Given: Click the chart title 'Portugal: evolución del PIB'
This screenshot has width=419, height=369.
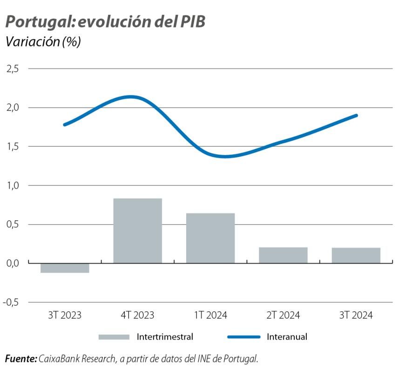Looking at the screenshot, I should click(105, 22).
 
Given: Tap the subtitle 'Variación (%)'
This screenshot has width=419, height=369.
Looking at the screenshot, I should click(43, 42).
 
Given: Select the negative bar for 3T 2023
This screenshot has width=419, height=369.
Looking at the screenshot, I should click(65, 268).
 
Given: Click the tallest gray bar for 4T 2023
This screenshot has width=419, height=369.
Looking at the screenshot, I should click(137, 231).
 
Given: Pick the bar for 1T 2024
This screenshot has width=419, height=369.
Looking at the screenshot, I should click(210, 238).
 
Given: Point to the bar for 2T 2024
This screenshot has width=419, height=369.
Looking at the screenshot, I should click(283, 255).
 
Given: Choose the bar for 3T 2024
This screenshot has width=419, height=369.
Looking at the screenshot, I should click(356, 255).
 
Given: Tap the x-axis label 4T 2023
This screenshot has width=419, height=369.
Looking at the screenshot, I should click(137, 315).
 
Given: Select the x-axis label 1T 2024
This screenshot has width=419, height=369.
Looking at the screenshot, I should click(210, 315).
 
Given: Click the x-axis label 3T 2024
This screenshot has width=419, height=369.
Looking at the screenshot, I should click(356, 315).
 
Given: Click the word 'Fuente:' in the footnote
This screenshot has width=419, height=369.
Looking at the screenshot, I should click(21, 359).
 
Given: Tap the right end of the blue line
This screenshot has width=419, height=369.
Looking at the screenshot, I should click(356, 115).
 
